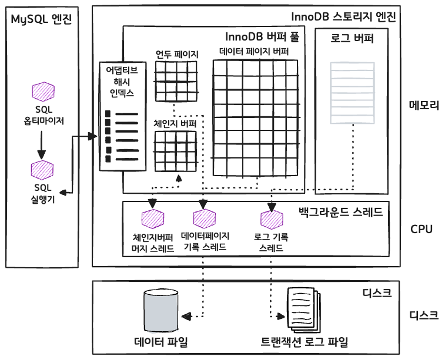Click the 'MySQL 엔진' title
pyautogui.click(x=41, y=19)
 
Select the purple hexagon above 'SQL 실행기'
pyautogui.click(x=42, y=169)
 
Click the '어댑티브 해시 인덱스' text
pyautogui.click(x=121, y=81)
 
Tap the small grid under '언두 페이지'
pyautogui.click(x=176, y=81)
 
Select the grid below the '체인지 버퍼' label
pyautogui.click(x=175, y=151)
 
